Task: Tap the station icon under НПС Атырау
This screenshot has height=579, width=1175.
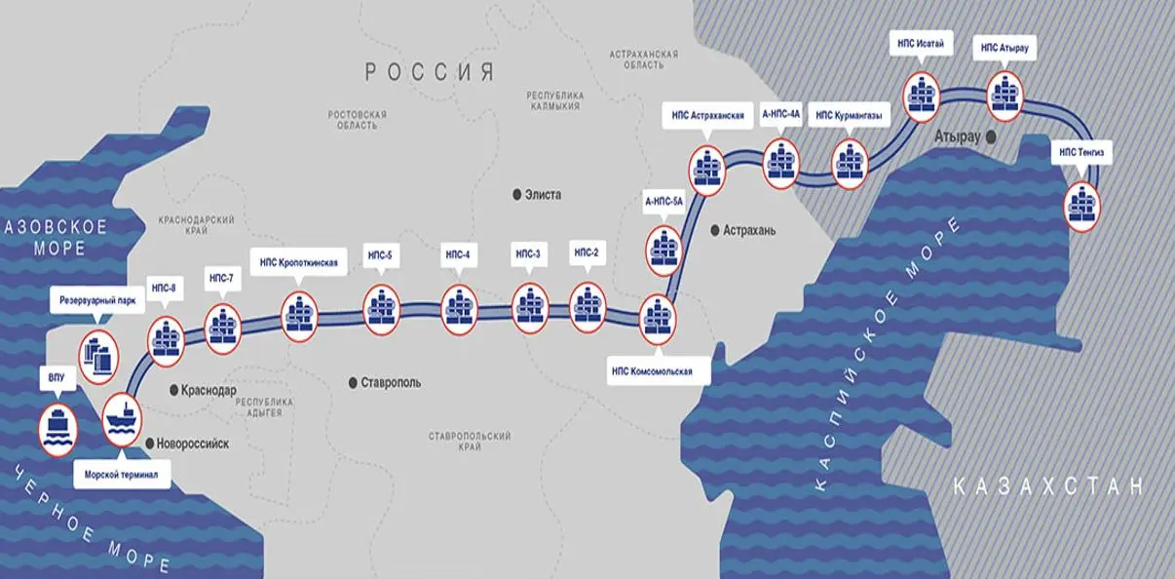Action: tap(1005, 95)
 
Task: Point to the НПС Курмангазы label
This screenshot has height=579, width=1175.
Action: tap(850, 115)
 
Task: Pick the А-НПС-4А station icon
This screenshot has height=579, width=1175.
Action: tap(781, 163)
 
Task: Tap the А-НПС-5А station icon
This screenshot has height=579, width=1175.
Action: tap(666, 248)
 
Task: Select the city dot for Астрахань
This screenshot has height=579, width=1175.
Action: tap(715, 231)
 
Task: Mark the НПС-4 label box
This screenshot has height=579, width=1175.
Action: tap(458, 255)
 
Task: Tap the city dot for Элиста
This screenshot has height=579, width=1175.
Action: tap(517, 195)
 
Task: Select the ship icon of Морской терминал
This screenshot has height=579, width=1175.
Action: tap(123, 420)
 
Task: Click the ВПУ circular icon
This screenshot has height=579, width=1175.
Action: tap(57, 430)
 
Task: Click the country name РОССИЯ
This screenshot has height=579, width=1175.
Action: tap(430, 71)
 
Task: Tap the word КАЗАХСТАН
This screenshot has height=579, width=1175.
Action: tap(1048, 486)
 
